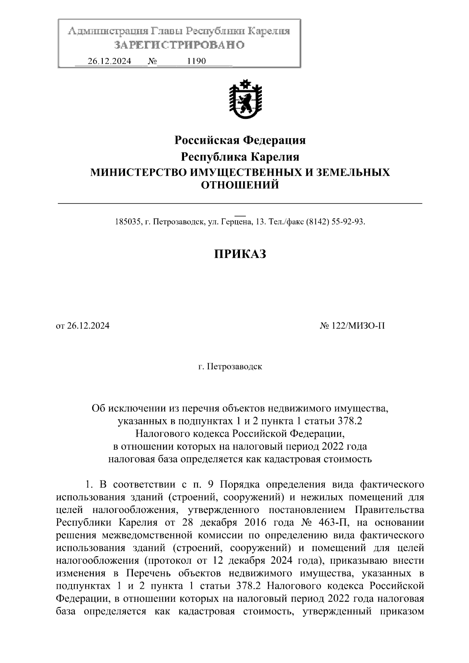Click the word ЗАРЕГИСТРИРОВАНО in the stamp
coord(179,45)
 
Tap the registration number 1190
coord(196,61)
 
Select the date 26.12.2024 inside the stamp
coord(109,61)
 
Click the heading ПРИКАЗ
coord(240,254)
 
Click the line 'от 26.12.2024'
coord(83,326)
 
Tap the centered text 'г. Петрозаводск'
coord(230,367)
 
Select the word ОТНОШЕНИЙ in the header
coord(240,185)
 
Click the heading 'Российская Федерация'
coord(240,140)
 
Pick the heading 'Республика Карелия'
coord(240,157)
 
